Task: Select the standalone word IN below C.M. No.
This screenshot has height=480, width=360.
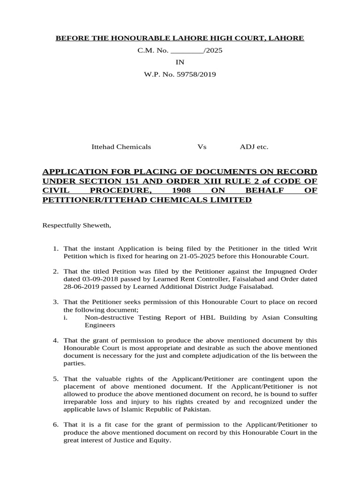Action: pyautogui.click(x=180, y=62)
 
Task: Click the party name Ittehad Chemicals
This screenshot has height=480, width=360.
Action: pyautogui.click(x=121, y=147)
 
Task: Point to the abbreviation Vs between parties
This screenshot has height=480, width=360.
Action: pyautogui.click(x=202, y=147)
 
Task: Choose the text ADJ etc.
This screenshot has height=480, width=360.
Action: pyautogui.click(x=254, y=147)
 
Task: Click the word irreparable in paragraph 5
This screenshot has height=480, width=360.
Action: pyautogui.click(x=80, y=402)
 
